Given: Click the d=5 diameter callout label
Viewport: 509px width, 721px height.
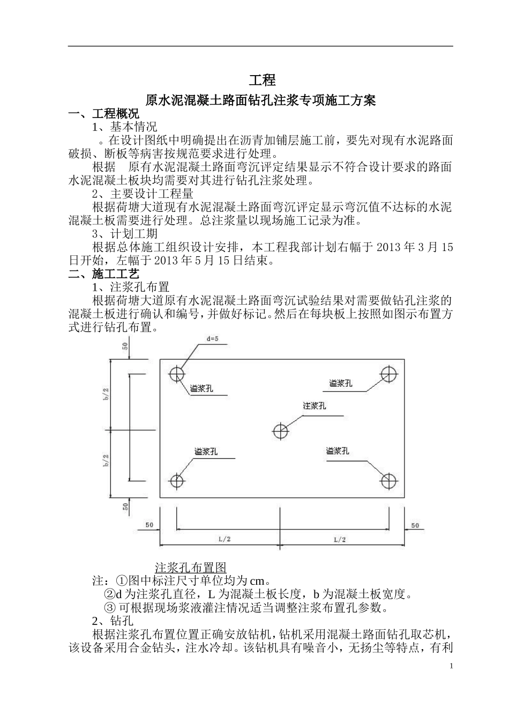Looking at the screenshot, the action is pyautogui.click(x=213, y=339).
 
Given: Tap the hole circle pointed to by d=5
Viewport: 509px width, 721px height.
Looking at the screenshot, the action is pyautogui.click(x=177, y=373).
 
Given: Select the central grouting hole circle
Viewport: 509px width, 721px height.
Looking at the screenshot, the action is pyautogui.click(x=280, y=430).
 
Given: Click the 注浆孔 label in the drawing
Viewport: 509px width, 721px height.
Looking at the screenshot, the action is pyautogui.click(x=315, y=406).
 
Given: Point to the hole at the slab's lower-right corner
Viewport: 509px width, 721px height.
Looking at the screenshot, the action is pyautogui.click(x=389, y=481).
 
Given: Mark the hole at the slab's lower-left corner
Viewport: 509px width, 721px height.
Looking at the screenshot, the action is pyautogui.click(x=177, y=481).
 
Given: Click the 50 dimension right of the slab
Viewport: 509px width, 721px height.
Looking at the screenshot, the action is pyautogui.click(x=415, y=525).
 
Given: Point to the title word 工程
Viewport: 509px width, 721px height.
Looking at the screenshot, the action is pyautogui.click(x=262, y=80).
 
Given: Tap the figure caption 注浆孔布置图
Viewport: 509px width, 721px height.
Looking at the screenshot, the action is pyautogui.click(x=191, y=568).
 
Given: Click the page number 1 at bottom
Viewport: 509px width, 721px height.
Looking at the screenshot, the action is pyautogui.click(x=452, y=666).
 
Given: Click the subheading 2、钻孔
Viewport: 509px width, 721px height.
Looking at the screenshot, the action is pyautogui.click(x=113, y=621).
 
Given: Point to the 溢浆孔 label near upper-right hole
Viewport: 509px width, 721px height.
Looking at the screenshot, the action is pyautogui.click(x=341, y=383).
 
